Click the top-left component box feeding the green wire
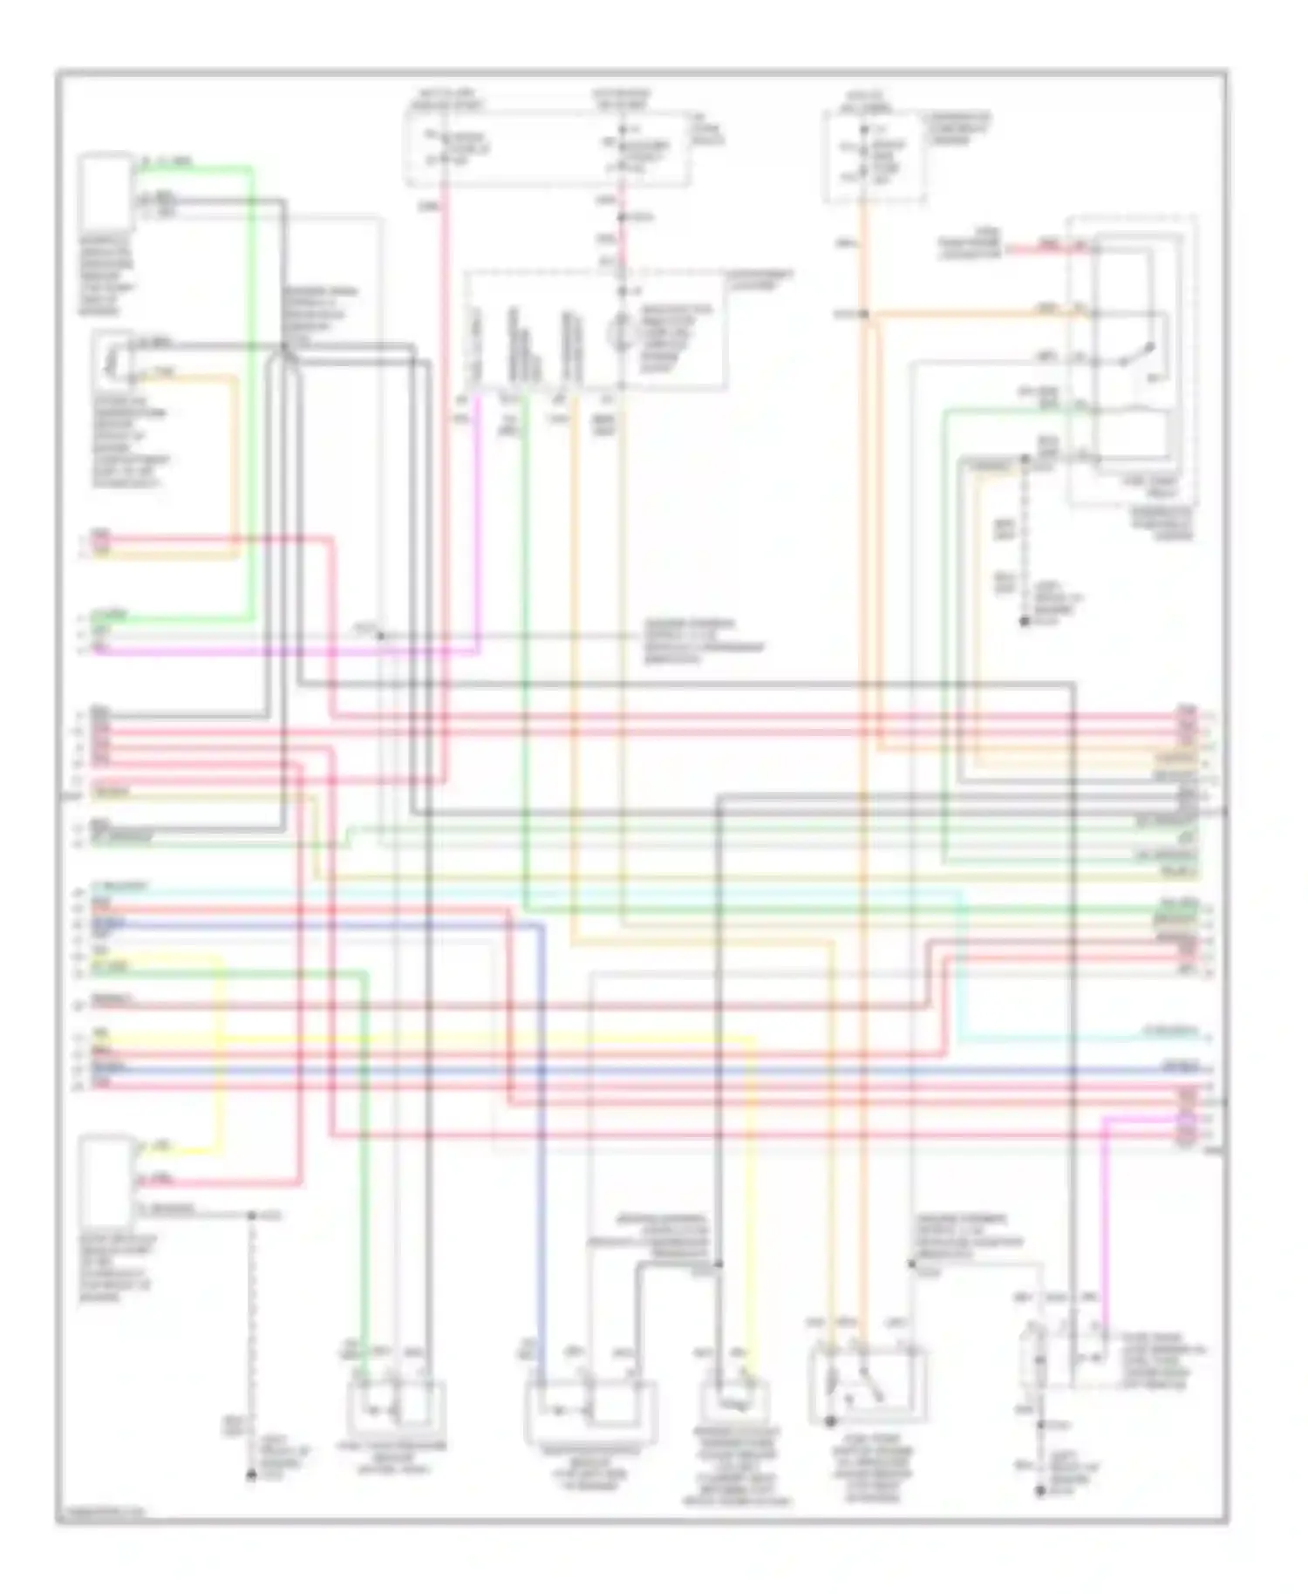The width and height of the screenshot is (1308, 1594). (x=106, y=192)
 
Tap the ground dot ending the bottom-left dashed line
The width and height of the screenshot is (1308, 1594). (x=251, y=1475)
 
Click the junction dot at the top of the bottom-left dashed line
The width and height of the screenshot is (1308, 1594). (x=251, y=1216)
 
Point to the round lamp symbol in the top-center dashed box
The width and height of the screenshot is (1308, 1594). (x=621, y=332)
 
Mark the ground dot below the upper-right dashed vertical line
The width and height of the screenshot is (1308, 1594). (x=1025, y=622)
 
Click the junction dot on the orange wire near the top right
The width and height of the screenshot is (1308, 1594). (x=863, y=314)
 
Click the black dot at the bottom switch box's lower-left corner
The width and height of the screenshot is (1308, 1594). (x=831, y=1421)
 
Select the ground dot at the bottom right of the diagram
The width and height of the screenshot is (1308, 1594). (x=1040, y=1492)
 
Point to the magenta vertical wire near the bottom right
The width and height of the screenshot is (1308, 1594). (x=1104, y=1221)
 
